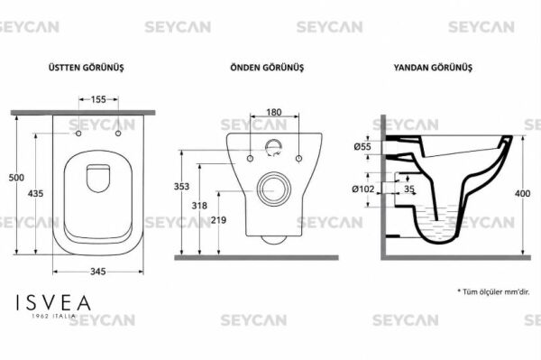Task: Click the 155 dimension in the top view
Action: pyautogui.click(x=98, y=99)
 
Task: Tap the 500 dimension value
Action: pyautogui.click(x=16, y=178)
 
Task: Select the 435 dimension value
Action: pyautogui.click(x=35, y=194)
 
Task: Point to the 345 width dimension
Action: pyautogui.click(x=98, y=272)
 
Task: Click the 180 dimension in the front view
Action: pyautogui.click(x=274, y=112)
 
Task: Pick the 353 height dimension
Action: pyautogui.click(x=181, y=187)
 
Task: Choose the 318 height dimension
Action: pyautogui.click(x=199, y=206)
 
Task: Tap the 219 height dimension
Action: pyautogui.click(x=218, y=220)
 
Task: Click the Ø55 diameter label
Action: pyautogui.click(x=362, y=147)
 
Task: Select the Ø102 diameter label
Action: pyautogui.click(x=363, y=189)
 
